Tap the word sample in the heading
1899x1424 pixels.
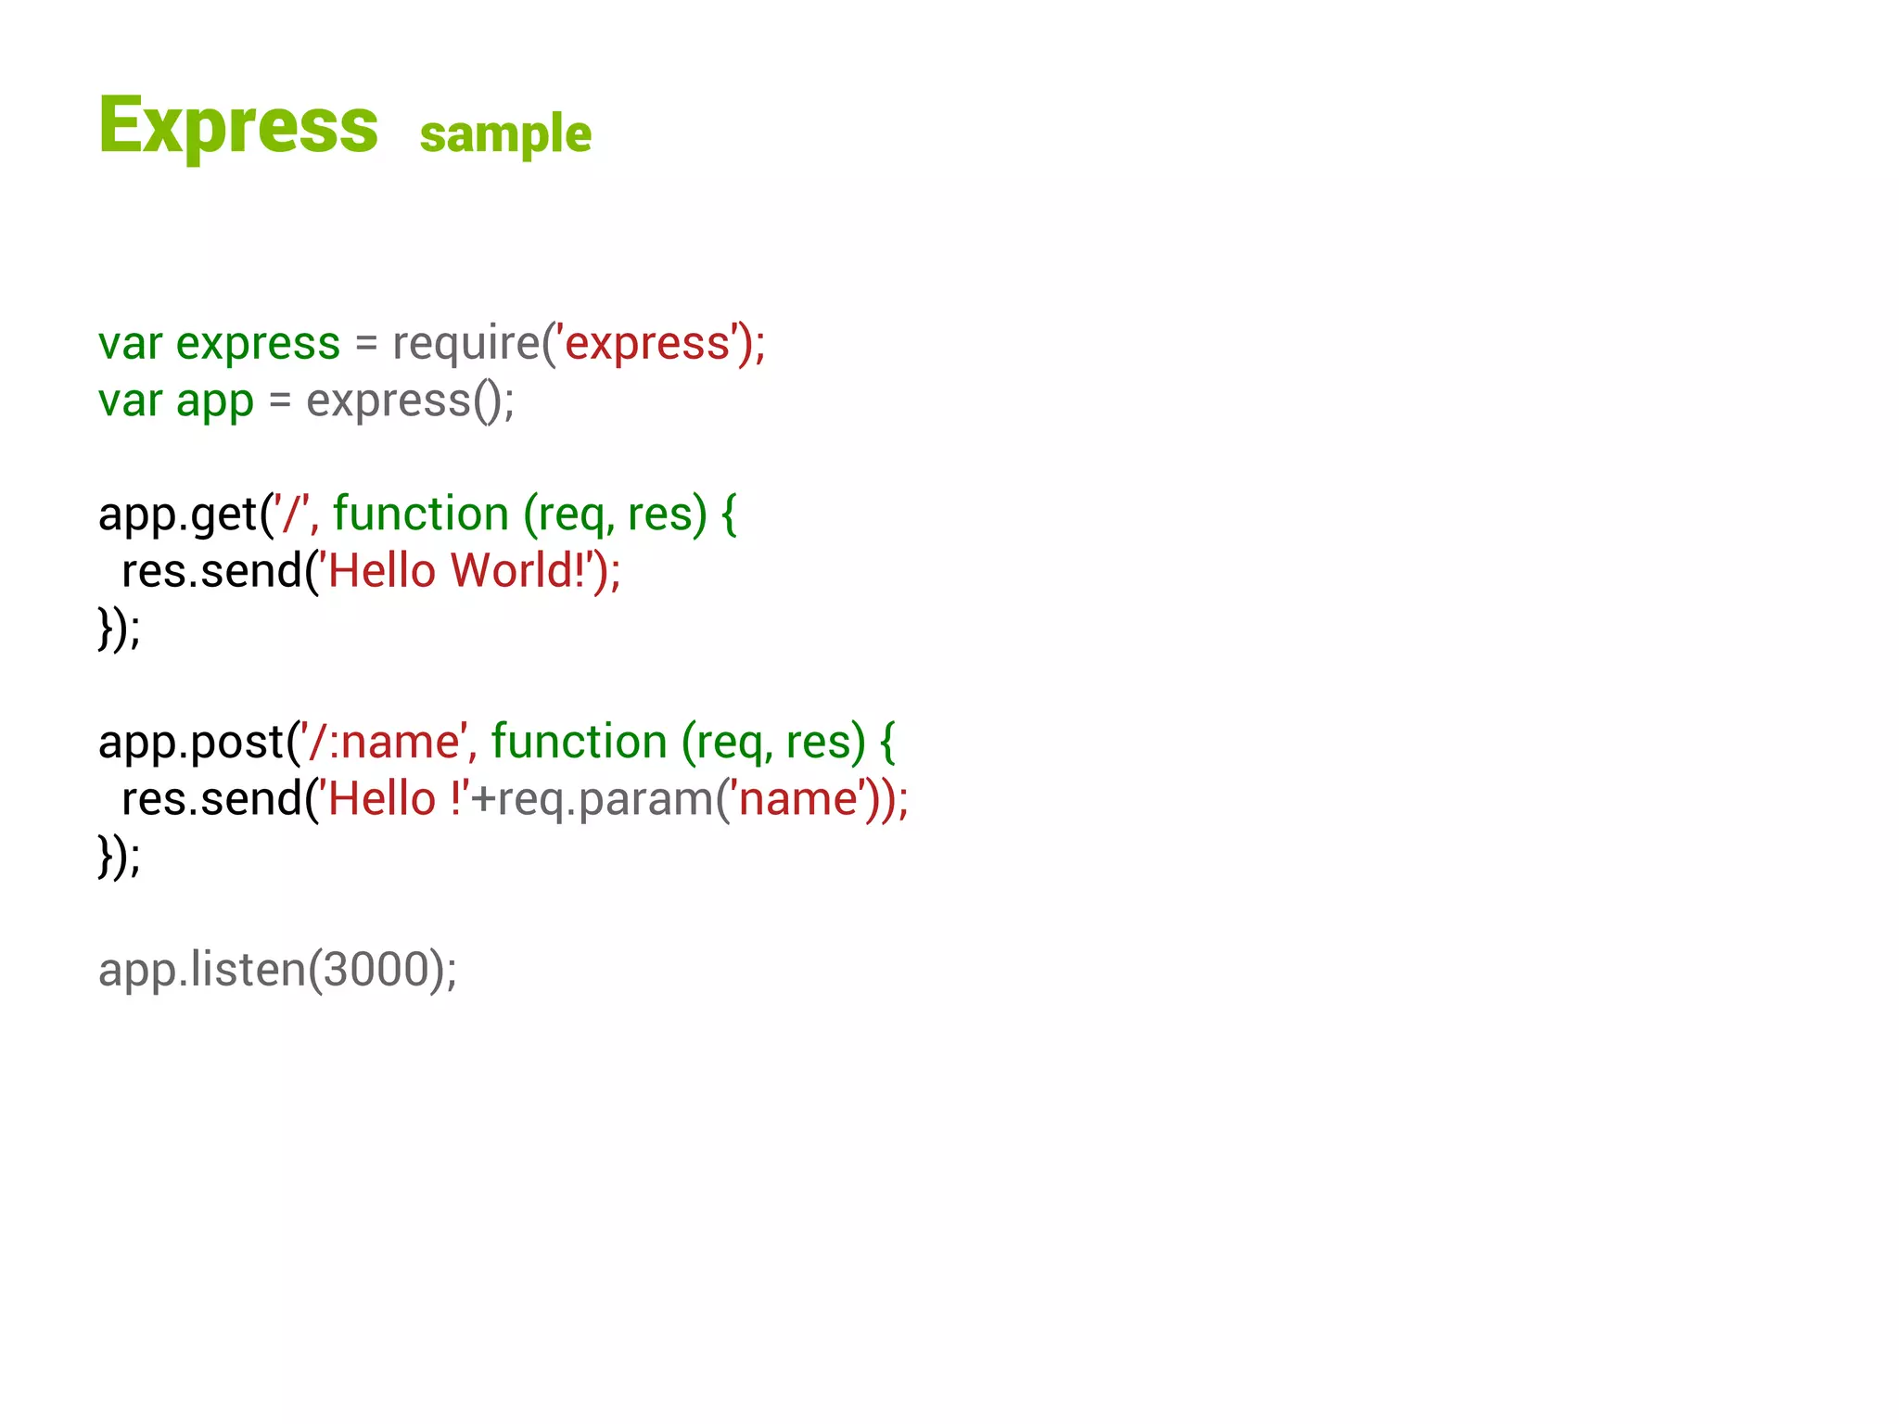coord(505,134)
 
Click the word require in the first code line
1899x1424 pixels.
coord(465,343)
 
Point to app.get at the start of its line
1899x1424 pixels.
coord(176,515)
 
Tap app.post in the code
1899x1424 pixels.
coord(190,743)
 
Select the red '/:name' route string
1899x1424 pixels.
coord(384,743)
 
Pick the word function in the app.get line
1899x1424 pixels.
coord(421,515)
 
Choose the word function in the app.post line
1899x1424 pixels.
coord(579,743)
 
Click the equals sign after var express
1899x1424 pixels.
coord(366,344)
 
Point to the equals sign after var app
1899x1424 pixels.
coord(280,401)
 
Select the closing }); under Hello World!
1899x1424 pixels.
coord(119,629)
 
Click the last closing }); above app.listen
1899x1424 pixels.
coord(119,856)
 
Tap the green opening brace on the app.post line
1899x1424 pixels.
coord(887,743)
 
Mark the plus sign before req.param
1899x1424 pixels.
coord(483,800)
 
